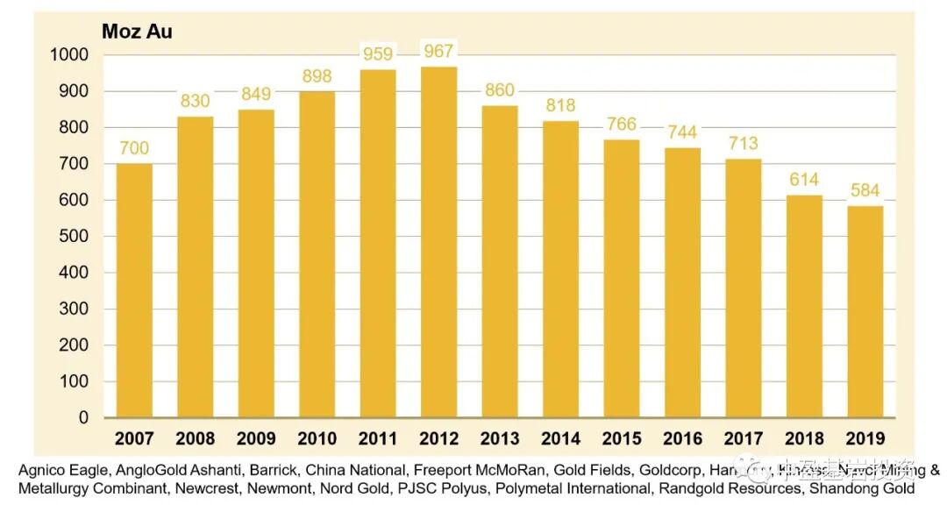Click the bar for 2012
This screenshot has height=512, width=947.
pyautogui.click(x=438, y=242)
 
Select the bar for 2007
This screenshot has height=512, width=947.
pyautogui.click(x=134, y=291)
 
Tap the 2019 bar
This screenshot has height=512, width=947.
pyautogui.click(x=865, y=312)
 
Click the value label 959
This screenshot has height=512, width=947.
pyautogui.click(x=378, y=54)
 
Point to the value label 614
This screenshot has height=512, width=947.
pyautogui.click(x=803, y=180)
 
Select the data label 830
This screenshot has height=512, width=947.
pyautogui.click(x=196, y=101)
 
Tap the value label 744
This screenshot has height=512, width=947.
pyautogui.click(x=681, y=132)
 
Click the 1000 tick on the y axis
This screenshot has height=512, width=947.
pyautogui.click(x=70, y=54)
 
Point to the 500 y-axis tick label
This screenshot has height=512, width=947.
pyautogui.click(x=75, y=236)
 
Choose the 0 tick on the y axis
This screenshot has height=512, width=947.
pyautogui.click(x=84, y=418)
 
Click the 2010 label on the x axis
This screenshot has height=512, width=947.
pyautogui.click(x=317, y=438)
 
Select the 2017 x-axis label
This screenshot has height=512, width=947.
pyautogui.click(x=743, y=438)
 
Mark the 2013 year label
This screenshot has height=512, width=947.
pyautogui.click(x=499, y=438)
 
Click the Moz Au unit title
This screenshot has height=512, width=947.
pyautogui.click(x=137, y=32)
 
